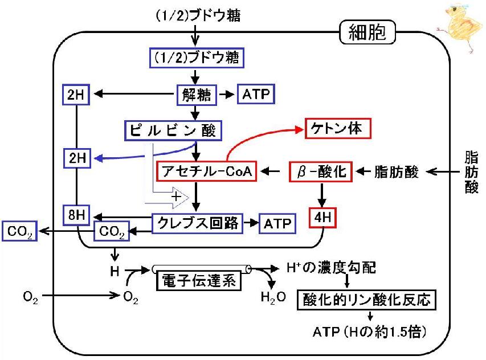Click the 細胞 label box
click(367, 32)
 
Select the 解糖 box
click(197, 95)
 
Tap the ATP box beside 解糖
click(256, 94)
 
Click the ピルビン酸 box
click(173, 130)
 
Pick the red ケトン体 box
click(338, 128)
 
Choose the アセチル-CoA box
click(207, 171)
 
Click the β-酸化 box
click(321, 171)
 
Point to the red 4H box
click(322, 218)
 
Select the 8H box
click(76, 215)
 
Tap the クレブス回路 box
click(198, 223)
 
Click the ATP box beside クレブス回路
click(277, 223)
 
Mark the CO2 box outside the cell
click(19, 231)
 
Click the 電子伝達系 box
click(199, 281)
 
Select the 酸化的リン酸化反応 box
click(367, 300)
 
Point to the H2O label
click(273, 297)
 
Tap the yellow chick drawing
click(460, 28)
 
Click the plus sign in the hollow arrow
click(175, 197)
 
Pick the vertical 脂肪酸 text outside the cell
click(471, 171)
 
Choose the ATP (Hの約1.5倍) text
click(370, 332)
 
